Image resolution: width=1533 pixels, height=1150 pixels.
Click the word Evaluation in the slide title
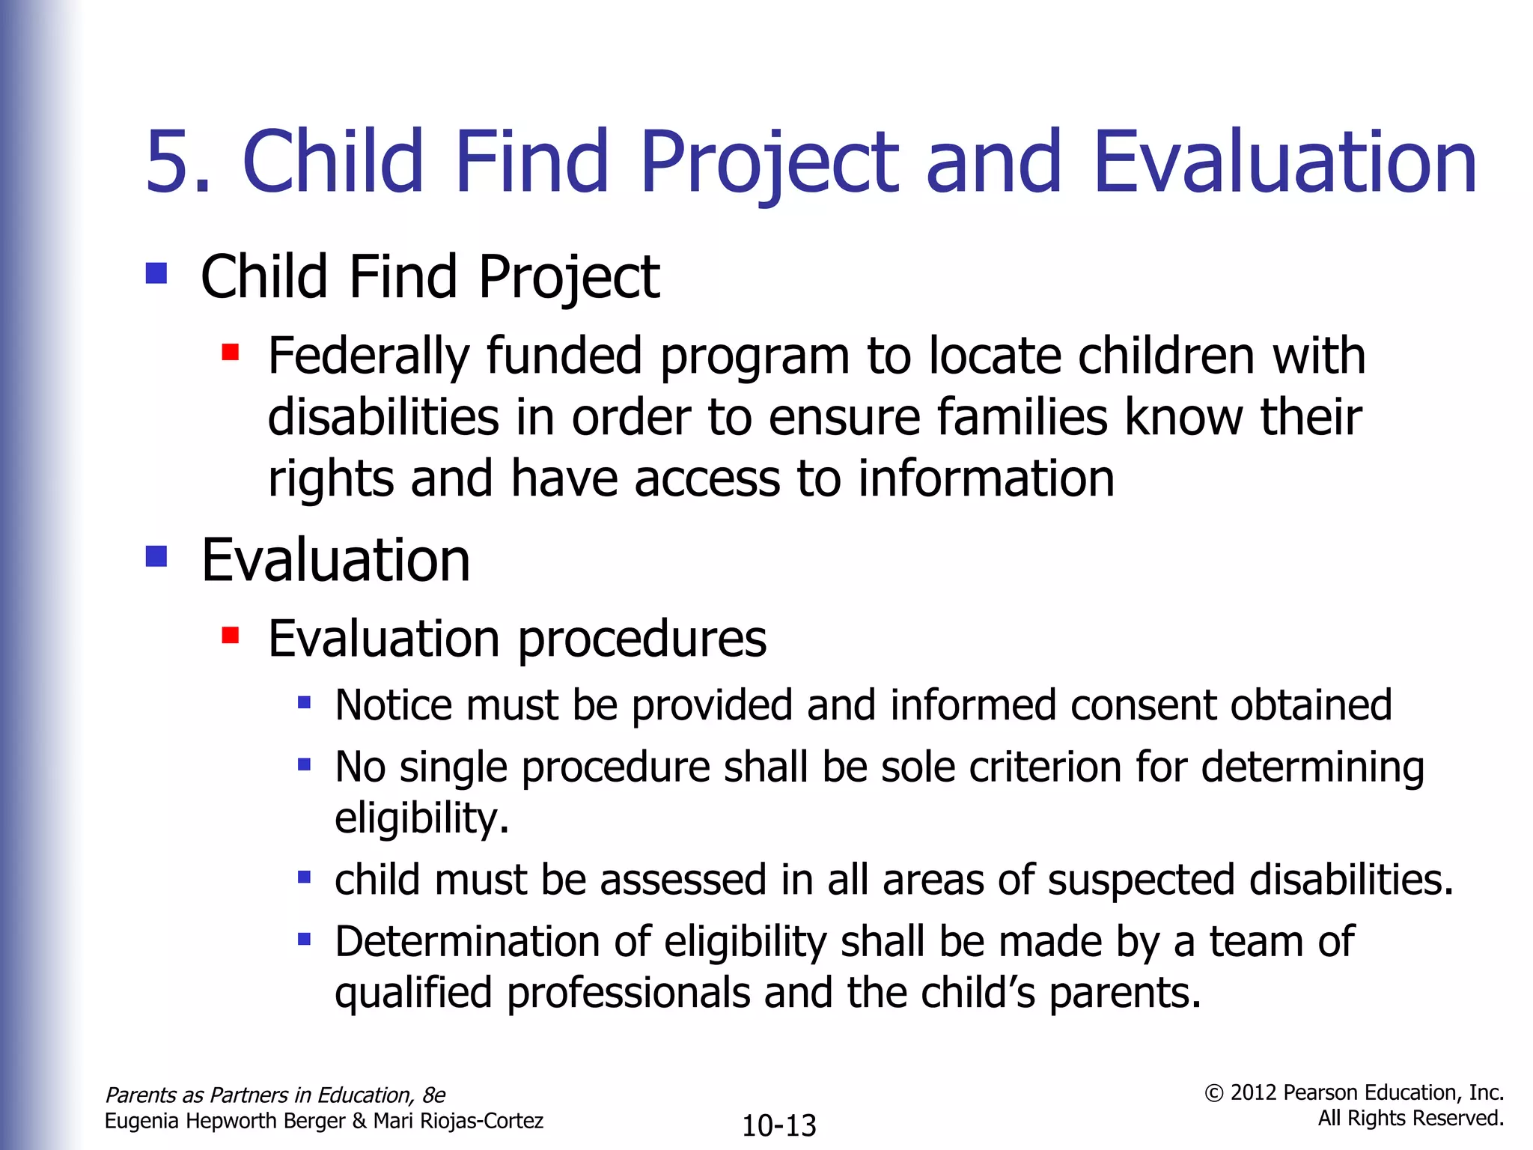tap(1284, 162)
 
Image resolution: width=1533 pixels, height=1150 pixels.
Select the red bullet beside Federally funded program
tap(231, 352)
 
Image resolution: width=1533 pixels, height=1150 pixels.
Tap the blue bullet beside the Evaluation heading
tap(156, 556)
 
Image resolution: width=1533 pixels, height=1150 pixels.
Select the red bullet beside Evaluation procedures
tap(231, 636)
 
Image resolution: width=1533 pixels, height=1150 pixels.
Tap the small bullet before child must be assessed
tap(304, 877)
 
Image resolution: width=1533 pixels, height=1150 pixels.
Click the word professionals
tap(628, 994)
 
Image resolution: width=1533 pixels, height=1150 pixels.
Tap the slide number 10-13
tap(778, 1125)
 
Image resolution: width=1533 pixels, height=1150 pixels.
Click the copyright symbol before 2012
tap(1213, 1094)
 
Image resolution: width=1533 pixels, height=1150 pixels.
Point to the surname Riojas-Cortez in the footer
tap(478, 1121)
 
